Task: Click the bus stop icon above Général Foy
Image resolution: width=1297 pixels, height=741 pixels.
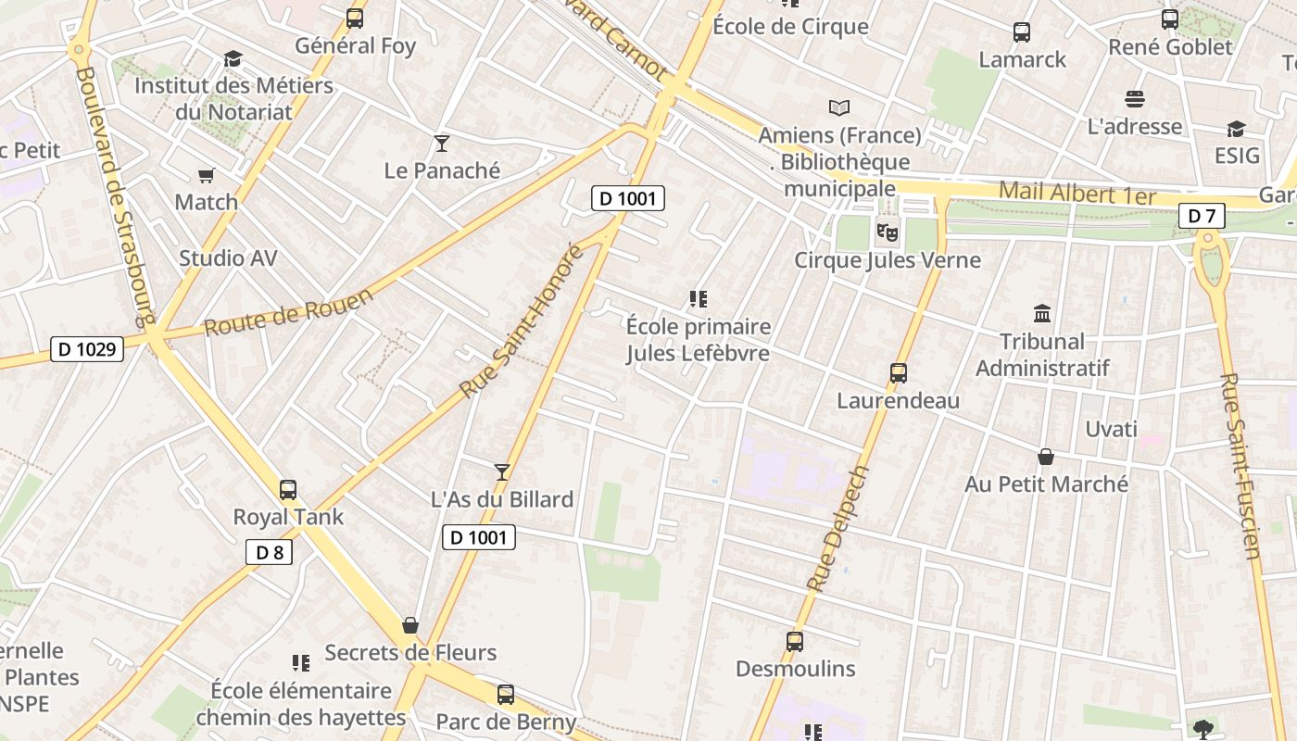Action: pos(354,18)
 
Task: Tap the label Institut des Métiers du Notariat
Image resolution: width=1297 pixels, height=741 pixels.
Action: pos(233,98)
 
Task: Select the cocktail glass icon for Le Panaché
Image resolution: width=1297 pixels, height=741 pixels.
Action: pos(442,144)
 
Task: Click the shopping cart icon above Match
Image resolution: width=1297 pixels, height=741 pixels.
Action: pos(207,175)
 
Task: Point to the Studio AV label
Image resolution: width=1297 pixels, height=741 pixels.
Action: pos(228,258)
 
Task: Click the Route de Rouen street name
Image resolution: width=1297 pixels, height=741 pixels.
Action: pos(288,312)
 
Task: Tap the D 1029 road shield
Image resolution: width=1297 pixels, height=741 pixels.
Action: pos(87,349)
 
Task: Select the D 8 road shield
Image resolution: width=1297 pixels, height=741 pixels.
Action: pos(269,553)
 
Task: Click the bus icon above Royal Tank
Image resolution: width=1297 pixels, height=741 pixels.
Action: pos(288,490)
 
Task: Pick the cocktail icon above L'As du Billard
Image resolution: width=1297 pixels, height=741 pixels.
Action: pos(502,472)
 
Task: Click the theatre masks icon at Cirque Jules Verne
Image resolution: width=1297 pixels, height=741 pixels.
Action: pos(887,232)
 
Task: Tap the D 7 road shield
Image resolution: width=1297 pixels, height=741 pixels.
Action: pos(1202,217)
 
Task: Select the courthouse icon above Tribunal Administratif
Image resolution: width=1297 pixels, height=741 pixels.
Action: pos(1042,314)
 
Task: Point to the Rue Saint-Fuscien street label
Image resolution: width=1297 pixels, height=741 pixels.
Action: pos(1241,466)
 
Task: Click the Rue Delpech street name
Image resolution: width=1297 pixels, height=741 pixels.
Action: pos(837,528)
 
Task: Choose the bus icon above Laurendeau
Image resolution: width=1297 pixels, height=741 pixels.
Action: pos(898,373)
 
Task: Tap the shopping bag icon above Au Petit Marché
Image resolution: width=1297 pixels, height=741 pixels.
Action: pos(1046,457)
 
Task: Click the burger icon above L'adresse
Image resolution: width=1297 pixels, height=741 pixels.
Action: pos(1135,98)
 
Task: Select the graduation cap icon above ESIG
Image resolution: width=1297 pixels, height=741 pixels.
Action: pos(1237,129)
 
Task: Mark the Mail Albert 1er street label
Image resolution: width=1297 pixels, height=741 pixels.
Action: pos(1077,195)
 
